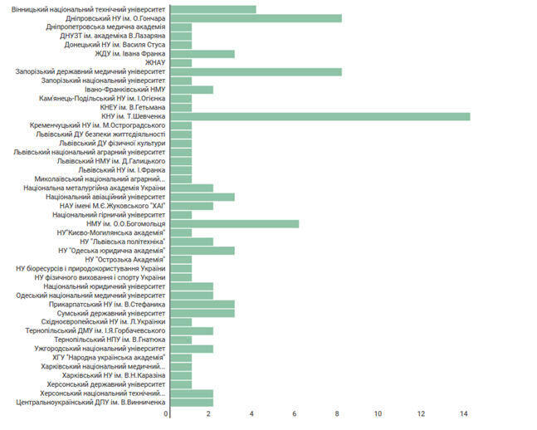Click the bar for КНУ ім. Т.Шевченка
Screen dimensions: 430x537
click(x=320, y=116)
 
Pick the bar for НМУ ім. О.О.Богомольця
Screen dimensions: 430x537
click(x=234, y=223)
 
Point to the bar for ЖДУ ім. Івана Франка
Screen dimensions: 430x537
click(x=203, y=53)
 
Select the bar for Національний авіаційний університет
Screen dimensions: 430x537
click(x=203, y=197)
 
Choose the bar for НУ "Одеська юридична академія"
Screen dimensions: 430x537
click(x=203, y=250)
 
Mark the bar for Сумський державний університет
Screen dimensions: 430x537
click(x=203, y=313)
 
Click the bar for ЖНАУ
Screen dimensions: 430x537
click(x=181, y=62)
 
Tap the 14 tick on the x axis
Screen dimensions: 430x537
click(x=464, y=413)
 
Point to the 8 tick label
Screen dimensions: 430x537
click(x=337, y=413)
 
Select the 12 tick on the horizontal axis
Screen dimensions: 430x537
click(x=422, y=413)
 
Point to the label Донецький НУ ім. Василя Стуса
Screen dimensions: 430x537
click(x=110, y=44)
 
